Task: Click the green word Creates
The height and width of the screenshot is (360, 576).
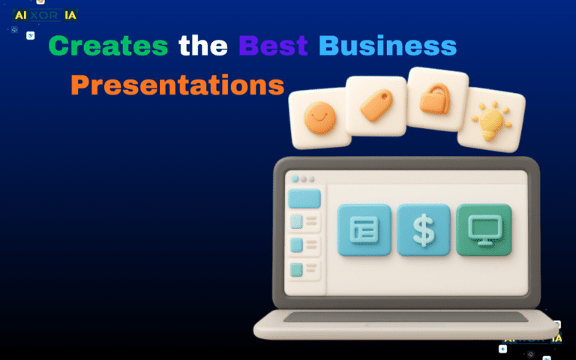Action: (x=108, y=46)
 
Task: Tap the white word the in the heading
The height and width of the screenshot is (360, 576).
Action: (x=203, y=46)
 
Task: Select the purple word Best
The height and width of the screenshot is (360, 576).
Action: (x=273, y=46)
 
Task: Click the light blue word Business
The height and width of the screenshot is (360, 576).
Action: (x=387, y=46)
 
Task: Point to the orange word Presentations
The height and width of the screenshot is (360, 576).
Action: (x=178, y=85)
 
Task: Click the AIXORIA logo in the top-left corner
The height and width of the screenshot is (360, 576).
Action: (x=45, y=15)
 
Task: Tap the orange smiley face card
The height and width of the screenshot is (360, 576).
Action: (x=320, y=117)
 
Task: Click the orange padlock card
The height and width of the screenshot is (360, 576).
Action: (x=436, y=100)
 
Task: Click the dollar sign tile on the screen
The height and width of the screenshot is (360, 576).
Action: (x=424, y=229)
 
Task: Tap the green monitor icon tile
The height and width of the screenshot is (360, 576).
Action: (x=484, y=229)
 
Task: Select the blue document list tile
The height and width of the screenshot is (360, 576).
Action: (x=364, y=229)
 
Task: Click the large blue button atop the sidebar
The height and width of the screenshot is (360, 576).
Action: (x=304, y=199)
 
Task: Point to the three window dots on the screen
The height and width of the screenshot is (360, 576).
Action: (x=304, y=179)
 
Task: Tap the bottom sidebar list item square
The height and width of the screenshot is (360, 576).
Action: (x=296, y=268)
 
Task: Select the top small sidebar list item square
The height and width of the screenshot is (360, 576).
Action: (x=296, y=221)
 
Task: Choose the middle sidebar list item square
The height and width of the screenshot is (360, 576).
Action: (x=296, y=244)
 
